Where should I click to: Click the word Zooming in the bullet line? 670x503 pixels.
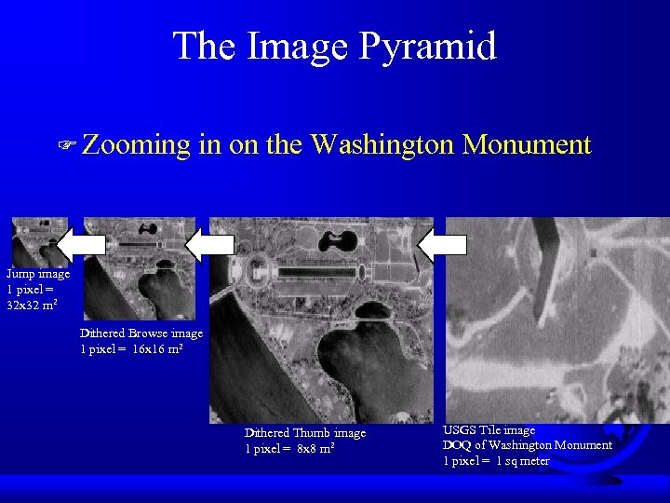click(135, 144)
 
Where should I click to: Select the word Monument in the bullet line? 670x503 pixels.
click(527, 144)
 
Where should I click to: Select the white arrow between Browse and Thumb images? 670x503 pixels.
click(211, 245)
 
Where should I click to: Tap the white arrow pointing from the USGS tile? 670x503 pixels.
click(442, 245)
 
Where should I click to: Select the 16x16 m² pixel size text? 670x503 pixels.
click(157, 348)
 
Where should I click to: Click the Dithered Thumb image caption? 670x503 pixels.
click(305, 433)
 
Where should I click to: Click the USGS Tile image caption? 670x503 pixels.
click(489, 430)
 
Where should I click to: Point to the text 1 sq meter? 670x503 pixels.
click(522, 461)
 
